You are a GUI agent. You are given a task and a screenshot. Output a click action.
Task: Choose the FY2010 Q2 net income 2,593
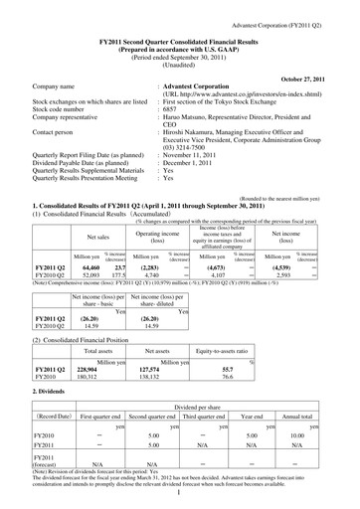pos(281,248)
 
